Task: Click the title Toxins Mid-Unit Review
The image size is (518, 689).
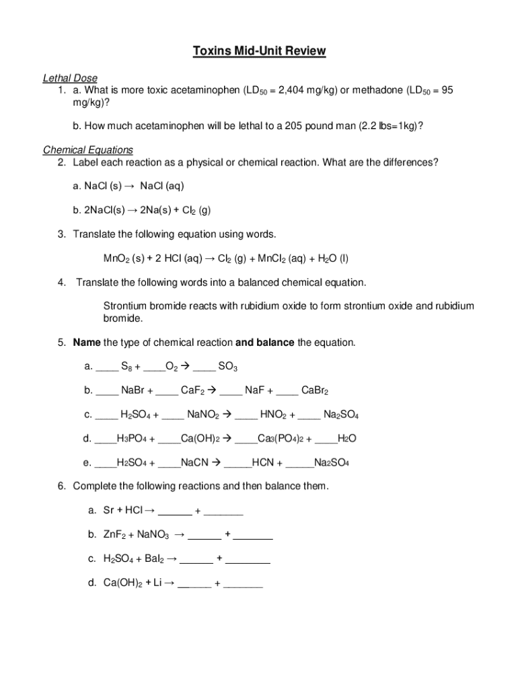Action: point(259,51)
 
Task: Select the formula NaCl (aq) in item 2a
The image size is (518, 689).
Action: point(161,185)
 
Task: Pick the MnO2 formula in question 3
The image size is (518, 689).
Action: point(116,258)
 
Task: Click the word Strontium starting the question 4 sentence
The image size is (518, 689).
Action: point(125,306)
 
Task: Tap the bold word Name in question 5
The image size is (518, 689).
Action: point(87,342)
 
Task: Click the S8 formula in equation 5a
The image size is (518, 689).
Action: point(126,367)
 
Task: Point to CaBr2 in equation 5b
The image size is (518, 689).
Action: point(315,390)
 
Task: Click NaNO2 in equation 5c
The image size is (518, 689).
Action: point(202,414)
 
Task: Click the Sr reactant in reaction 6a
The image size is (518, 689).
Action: point(110,511)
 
